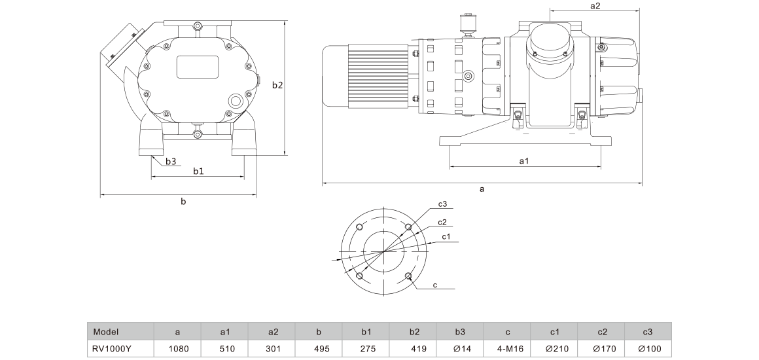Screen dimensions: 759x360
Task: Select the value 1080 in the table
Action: click(178, 348)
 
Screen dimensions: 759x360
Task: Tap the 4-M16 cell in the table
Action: click(507, 348)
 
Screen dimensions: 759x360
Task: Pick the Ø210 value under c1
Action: click(555, 348)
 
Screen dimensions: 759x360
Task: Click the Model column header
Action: click(105, 332)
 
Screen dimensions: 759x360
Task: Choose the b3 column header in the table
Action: click(460, 332)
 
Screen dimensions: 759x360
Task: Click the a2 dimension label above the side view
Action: click(595, 6)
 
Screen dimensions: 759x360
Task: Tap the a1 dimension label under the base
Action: click(523, 161)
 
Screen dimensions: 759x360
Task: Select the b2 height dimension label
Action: click(277, 85)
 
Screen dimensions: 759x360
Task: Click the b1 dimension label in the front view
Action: click(198, 171)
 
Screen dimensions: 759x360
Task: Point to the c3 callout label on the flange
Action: click(442, 204)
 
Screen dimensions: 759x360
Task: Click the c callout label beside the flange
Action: click(434, 285)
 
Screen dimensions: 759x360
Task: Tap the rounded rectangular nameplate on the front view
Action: click(198, 67)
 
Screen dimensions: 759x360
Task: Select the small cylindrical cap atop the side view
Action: click(467, 24)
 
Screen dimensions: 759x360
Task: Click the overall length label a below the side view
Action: click(482, 189)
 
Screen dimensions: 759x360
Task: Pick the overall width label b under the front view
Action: click(183, 201)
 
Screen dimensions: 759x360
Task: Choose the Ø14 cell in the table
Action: click(460, 348)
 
